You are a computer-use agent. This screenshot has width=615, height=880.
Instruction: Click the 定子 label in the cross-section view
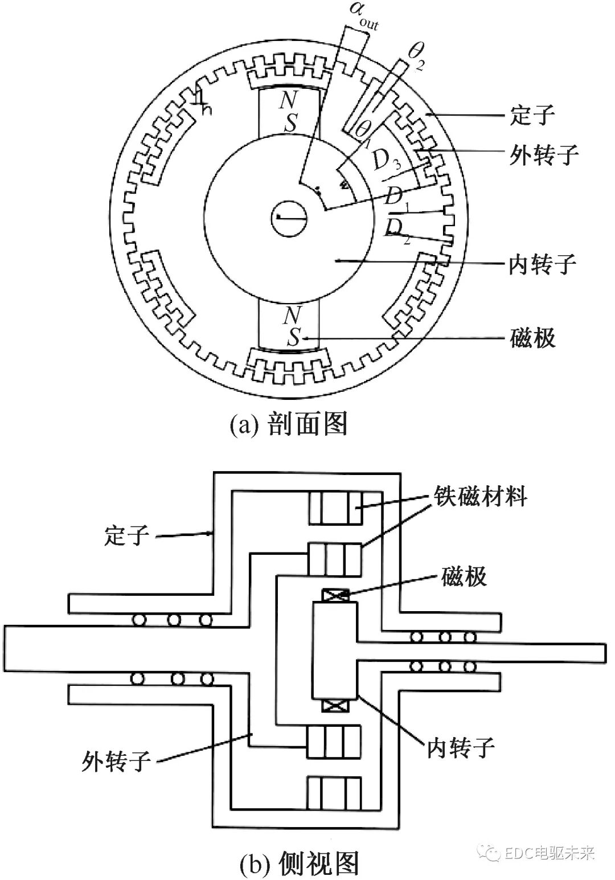pos(532,116)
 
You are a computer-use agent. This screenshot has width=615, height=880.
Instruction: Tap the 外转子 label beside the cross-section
pos(543,154)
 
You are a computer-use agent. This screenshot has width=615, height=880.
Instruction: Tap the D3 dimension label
pos(387,162)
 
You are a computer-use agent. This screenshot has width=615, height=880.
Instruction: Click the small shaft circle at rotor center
pos(289,217)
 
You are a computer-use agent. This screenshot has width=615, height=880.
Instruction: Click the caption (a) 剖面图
pos(289,424)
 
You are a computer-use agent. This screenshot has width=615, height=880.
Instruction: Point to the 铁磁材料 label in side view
pos(480,496)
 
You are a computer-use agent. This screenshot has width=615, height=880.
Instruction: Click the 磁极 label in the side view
pos(464,576)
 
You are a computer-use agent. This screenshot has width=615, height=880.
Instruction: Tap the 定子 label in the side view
pos(126,535)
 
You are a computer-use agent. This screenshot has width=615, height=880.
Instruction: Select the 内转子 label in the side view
pos(461,746)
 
